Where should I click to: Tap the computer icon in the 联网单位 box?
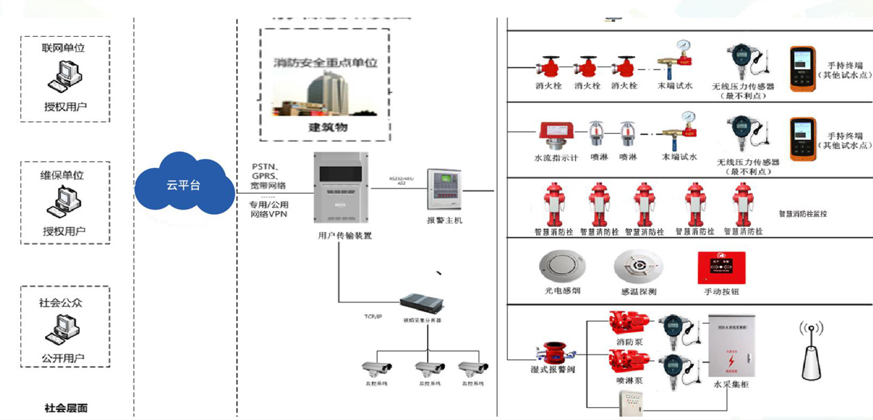point(65,76)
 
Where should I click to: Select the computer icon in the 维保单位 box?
point(65,202)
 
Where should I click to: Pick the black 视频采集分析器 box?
point(419,303)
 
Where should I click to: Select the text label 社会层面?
point(66,408)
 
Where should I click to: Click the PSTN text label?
point(264,167)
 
